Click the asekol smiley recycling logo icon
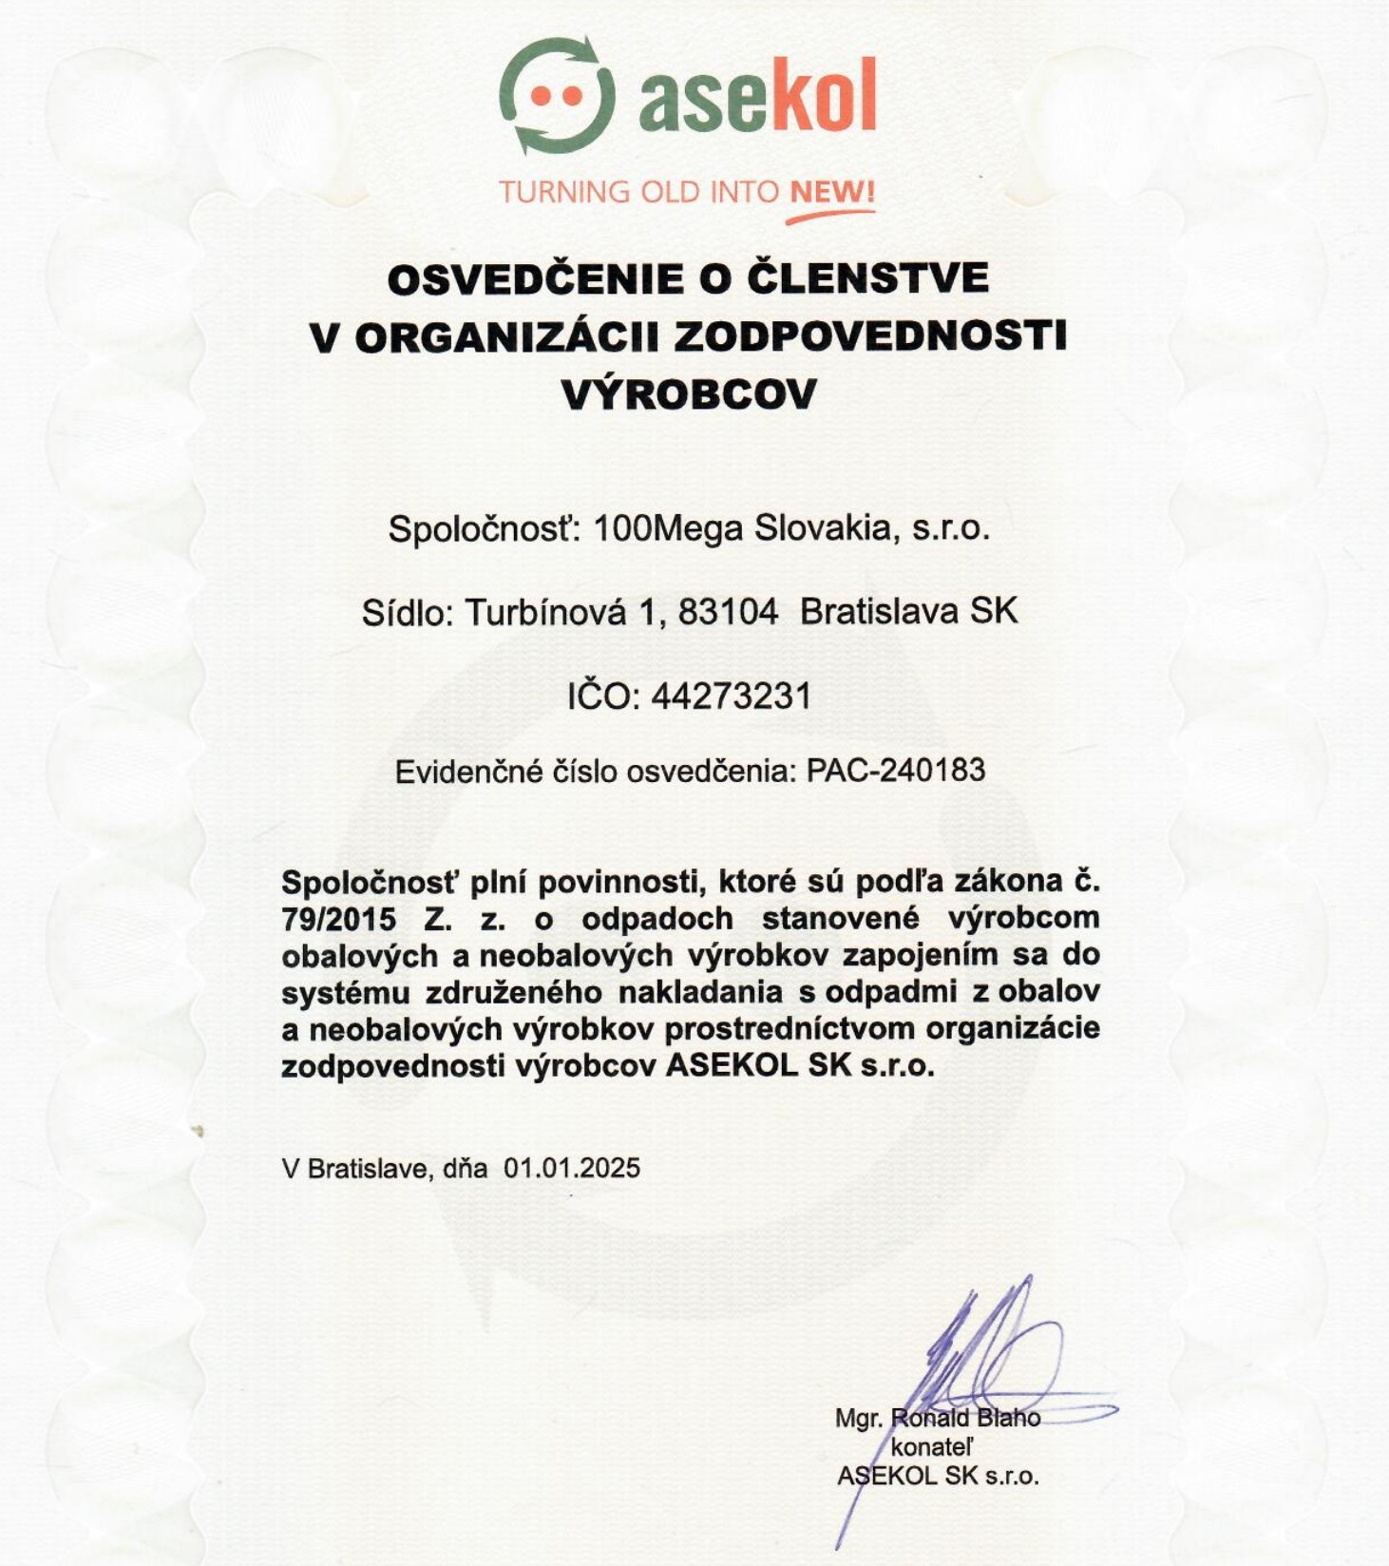(557, 95)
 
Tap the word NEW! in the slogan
(832, 192)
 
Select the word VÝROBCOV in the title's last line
(690, 393)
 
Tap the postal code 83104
(729, 612)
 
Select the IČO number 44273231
(732, 697)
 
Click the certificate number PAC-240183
(896, 770)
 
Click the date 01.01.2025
(572, 1168)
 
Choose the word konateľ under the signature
(933, 1446)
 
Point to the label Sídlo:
(408, 613)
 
